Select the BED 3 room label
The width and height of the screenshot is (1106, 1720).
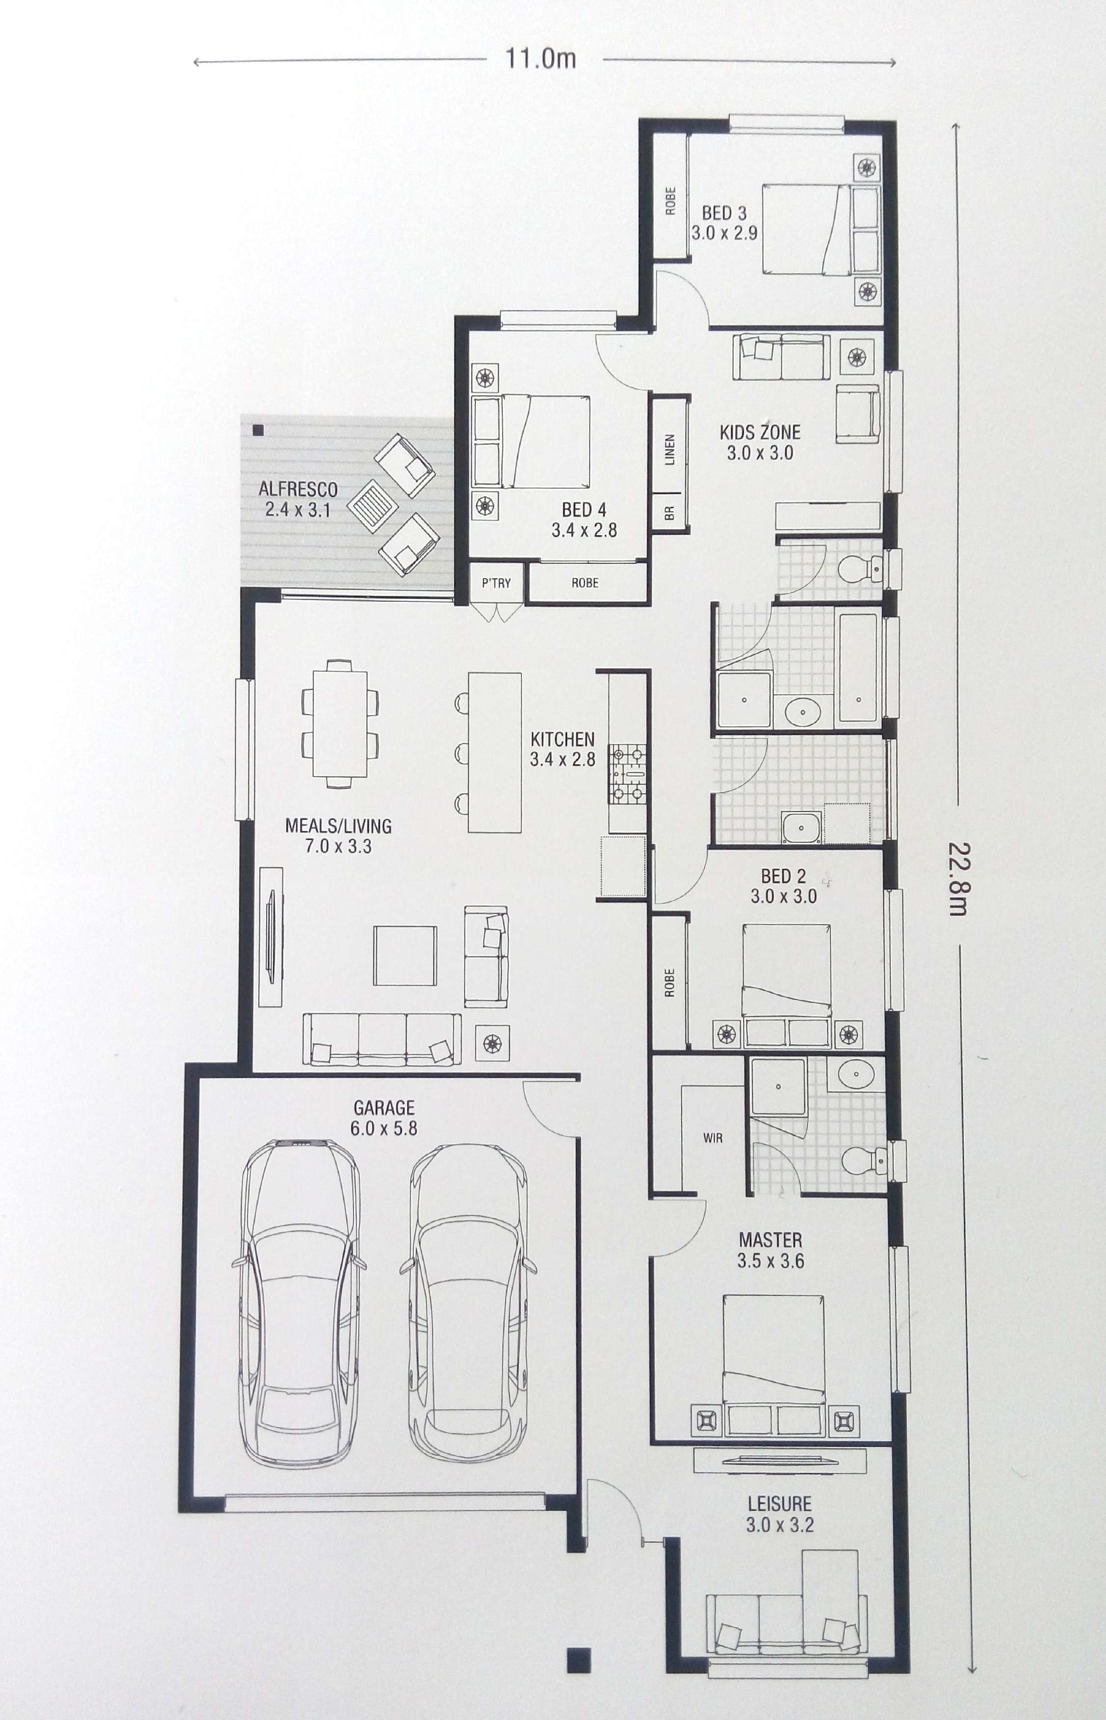(724, 213)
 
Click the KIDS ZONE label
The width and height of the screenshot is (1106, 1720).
(760, 432)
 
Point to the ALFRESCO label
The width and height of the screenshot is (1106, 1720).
(298, 489)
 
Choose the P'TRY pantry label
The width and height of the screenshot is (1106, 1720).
(496, 582)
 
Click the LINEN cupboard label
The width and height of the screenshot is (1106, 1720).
(669, 449)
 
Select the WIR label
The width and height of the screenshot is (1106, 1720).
(713, 1138)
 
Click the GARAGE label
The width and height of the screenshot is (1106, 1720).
(384, 1108)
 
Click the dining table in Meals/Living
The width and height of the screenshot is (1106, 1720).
(340, 724)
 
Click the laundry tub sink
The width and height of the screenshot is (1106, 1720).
(802, 827)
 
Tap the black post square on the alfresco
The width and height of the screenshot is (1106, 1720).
(258, 430)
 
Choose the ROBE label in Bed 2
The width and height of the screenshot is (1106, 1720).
(669, 983)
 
